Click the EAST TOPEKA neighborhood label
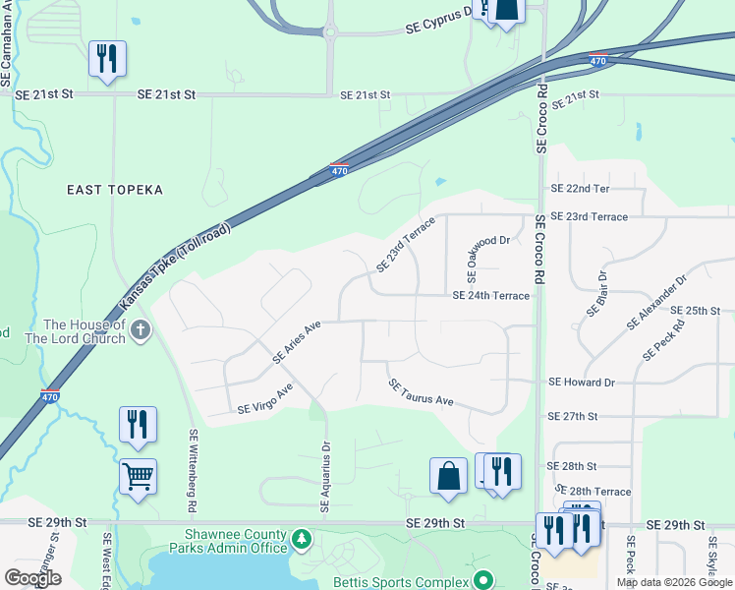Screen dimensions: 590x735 pos(114,190)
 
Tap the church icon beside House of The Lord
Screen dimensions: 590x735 pos(141,330)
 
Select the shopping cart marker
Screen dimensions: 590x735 pos(138,478)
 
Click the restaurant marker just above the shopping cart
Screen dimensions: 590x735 pos(138,425)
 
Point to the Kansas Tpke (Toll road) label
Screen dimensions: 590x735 pos(175,265)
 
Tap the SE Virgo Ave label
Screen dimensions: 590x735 pos(265,399)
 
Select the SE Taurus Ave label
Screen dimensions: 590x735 pos(420,393)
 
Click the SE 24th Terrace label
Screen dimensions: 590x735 pos(490,295)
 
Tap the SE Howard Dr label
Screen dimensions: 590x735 pos(581,382)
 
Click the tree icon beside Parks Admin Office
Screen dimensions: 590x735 pos(302,539)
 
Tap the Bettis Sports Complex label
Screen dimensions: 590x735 pos(413,580)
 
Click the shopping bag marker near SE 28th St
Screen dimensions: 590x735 pos(448,476)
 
